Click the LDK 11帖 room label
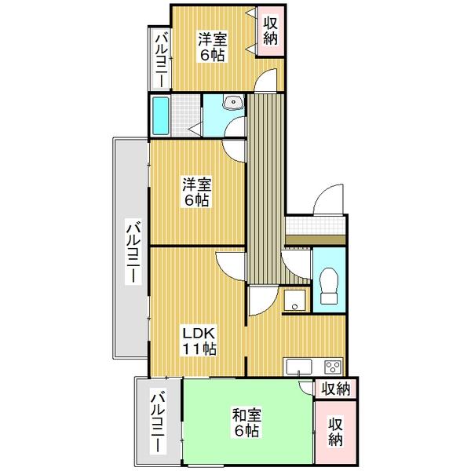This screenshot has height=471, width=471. click(199, 341)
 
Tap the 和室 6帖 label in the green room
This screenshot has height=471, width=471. click(246, 423)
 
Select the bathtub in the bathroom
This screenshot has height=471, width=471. click(160, 115)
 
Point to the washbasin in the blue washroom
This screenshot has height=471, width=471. click(233, 102)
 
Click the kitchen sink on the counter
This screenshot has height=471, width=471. click(299, 367)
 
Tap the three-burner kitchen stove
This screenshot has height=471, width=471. click(333, 367)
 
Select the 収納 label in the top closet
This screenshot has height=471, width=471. click(270, 31)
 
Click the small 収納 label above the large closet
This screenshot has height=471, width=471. click(336, 389)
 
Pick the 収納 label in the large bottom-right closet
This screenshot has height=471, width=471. click(335, 432)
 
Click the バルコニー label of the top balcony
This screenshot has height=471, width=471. click(161, 60)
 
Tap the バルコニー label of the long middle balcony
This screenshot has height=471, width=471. click(133, 252)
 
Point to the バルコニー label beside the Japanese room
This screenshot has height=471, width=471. click(159, 421)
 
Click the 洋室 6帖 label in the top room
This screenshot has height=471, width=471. click(213, 47)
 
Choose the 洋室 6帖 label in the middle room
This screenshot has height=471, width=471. click(197, 192)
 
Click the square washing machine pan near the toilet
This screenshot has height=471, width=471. click(294, 300)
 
